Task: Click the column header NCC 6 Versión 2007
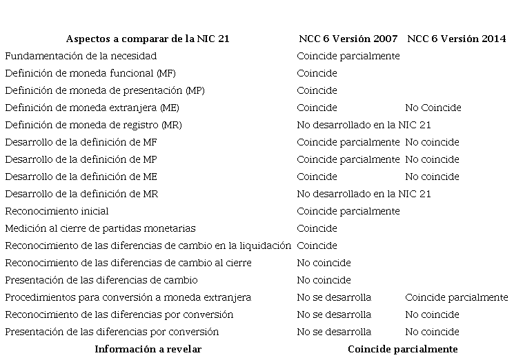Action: (348, 39)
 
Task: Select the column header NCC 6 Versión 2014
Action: (456, 39)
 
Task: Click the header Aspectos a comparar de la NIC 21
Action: (148, 39)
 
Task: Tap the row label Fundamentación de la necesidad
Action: (81, 56)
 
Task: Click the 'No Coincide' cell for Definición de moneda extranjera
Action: (433, 108)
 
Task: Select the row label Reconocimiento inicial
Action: (57, 211)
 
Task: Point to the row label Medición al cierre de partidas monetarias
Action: (100, 228)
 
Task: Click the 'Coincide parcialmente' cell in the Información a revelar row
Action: (402, 349)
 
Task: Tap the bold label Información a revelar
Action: (148, 349)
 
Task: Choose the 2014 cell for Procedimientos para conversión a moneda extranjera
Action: (456, 297)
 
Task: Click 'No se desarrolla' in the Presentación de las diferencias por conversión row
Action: (334, 332)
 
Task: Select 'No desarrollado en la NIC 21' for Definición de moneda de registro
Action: (364, 125)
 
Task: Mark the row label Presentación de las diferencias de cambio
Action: (101, 280)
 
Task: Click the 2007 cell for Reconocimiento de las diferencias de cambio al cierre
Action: (324, 263)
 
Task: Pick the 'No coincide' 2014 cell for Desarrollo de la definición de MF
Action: (432, 142)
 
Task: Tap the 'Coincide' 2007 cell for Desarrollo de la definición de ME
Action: (317, 177)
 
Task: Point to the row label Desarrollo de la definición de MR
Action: (81, 194)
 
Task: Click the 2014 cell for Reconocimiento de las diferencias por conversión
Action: (432, 314)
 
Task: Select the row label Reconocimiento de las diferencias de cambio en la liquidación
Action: (148, 246)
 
